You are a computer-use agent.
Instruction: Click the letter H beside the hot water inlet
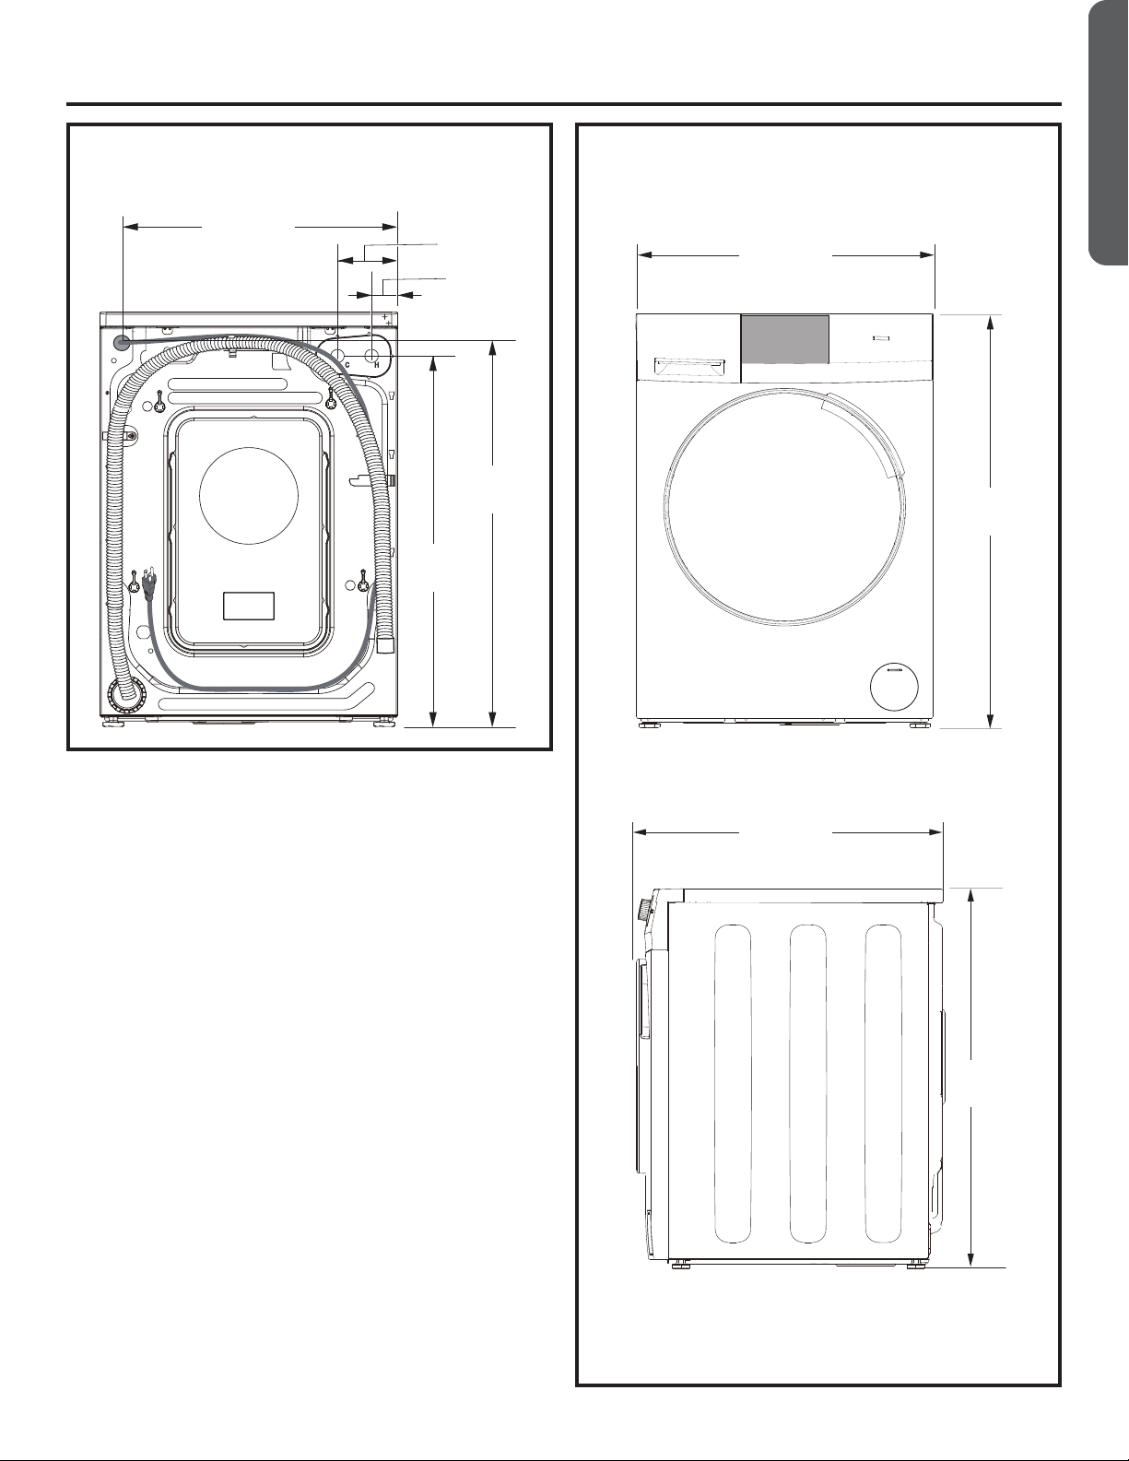pos(378,365)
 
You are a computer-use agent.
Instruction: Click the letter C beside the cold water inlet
pos(347,365)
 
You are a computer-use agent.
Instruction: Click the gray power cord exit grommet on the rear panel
pos(122,342)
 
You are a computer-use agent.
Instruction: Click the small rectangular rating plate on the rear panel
pos(249,605)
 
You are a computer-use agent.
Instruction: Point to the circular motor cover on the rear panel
pos(250,494)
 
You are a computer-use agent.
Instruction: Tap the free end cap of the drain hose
pos(386,643)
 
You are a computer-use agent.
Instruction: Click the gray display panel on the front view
pos(785,339)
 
